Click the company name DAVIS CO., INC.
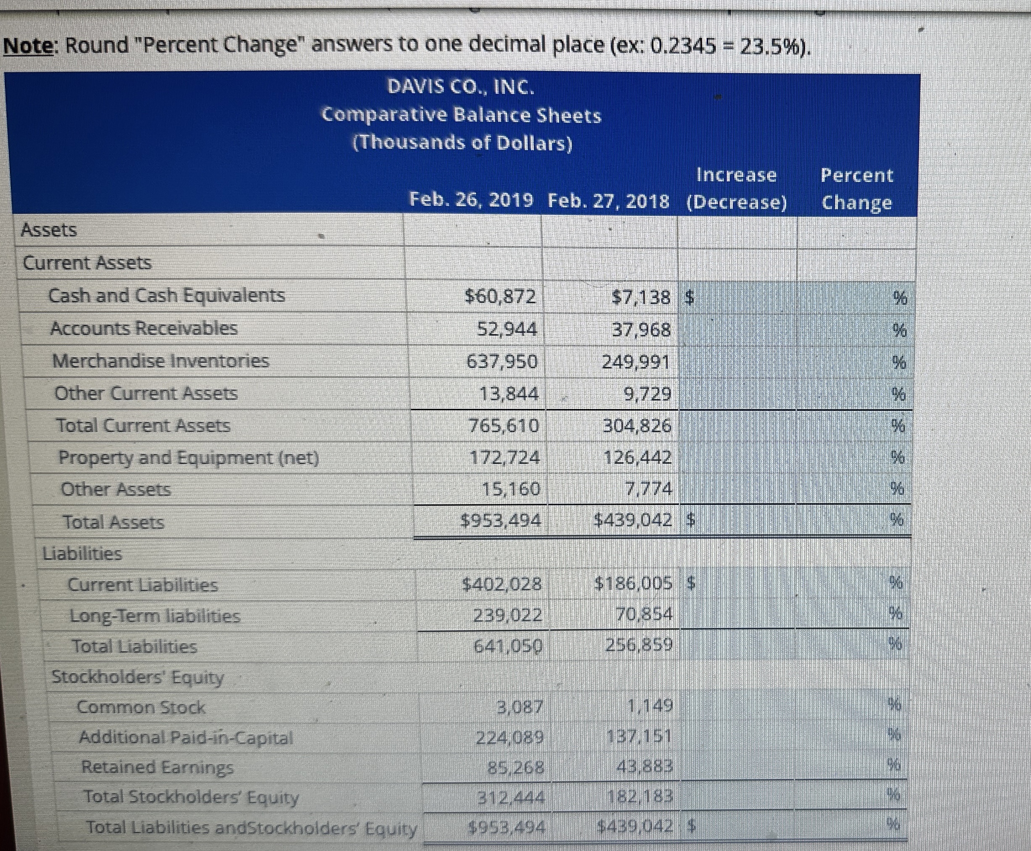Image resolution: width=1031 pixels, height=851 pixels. point(459,87)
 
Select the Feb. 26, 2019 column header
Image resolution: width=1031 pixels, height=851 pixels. point(471,200)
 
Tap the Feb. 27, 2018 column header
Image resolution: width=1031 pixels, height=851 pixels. point(608,201)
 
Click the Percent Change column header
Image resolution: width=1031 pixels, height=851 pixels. point(857,189)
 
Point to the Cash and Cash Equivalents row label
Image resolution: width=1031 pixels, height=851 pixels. point(167,296)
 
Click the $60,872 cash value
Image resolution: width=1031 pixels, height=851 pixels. point(500,296)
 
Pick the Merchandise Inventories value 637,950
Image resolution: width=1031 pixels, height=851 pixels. point(502,362)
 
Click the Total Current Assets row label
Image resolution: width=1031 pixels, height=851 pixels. point(143,425)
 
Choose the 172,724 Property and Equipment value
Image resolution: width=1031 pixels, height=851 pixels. point(505,458)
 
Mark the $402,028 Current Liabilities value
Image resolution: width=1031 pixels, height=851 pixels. point(503,584)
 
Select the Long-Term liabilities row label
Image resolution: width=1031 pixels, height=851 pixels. point(155,616)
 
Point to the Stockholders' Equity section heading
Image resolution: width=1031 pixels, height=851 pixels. point(138,677)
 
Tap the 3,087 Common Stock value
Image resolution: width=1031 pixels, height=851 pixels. point(520,707)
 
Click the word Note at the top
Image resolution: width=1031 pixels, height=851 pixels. point(30,46)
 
